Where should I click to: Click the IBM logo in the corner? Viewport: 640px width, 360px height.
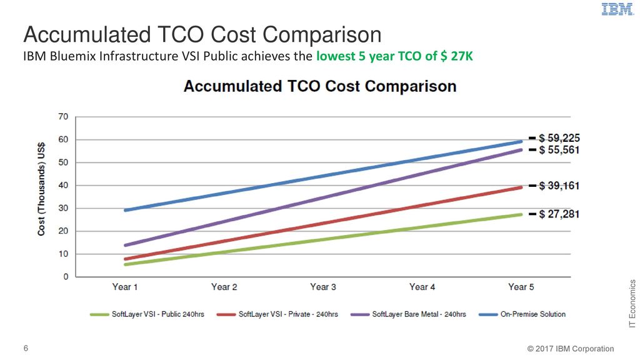617,9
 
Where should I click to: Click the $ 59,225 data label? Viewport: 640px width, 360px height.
559,138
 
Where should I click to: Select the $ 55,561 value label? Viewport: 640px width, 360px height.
559,150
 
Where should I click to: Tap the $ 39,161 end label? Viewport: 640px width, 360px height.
559,186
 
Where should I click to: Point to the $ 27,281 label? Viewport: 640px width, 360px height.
559,214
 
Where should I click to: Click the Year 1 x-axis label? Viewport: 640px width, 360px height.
125,287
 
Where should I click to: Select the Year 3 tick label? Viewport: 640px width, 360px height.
323,287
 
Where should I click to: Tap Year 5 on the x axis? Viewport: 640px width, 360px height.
521,287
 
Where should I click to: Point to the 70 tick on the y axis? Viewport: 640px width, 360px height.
63,117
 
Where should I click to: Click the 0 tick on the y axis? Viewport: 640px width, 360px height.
66,277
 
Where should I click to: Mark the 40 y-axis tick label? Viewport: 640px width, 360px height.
63,185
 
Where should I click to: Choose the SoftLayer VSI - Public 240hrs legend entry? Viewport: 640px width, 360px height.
147,314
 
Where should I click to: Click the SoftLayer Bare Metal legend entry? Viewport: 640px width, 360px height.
408,314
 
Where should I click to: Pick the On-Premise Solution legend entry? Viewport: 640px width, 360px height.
522,314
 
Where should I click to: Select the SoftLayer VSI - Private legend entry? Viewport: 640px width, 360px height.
277,314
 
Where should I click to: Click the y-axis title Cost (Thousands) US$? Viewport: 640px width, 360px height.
41,189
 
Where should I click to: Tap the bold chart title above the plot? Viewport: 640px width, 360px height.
320,86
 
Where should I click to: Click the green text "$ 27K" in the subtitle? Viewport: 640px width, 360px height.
456,56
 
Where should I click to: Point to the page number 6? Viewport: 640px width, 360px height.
26,348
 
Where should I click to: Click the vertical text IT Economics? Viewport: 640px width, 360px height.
632,304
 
